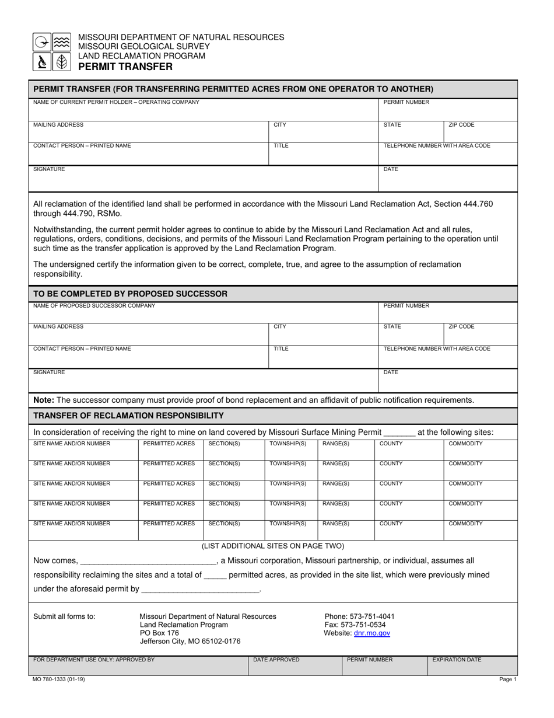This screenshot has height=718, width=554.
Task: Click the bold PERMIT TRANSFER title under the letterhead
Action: coord(125,67)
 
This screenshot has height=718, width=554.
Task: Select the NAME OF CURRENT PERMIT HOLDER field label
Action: coord(116,102)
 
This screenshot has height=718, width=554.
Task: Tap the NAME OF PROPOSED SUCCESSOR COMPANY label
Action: coord(94,305)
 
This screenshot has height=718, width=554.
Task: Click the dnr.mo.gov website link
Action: coord(372,633)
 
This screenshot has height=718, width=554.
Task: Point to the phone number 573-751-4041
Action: coord(359,616)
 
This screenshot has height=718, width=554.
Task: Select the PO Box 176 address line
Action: coord(159,633)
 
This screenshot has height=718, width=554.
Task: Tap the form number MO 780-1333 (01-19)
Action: coord(62,679)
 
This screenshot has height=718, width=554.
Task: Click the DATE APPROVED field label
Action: coord(276,660)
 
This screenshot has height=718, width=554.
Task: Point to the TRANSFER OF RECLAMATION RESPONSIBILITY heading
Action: coord(128,415)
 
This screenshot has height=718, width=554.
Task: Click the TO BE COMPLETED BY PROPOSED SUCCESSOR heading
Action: coord(130,293)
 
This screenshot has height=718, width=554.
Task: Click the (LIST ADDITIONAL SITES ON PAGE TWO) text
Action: coord(272,546)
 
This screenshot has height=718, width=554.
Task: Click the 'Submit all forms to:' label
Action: coord(64,616)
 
